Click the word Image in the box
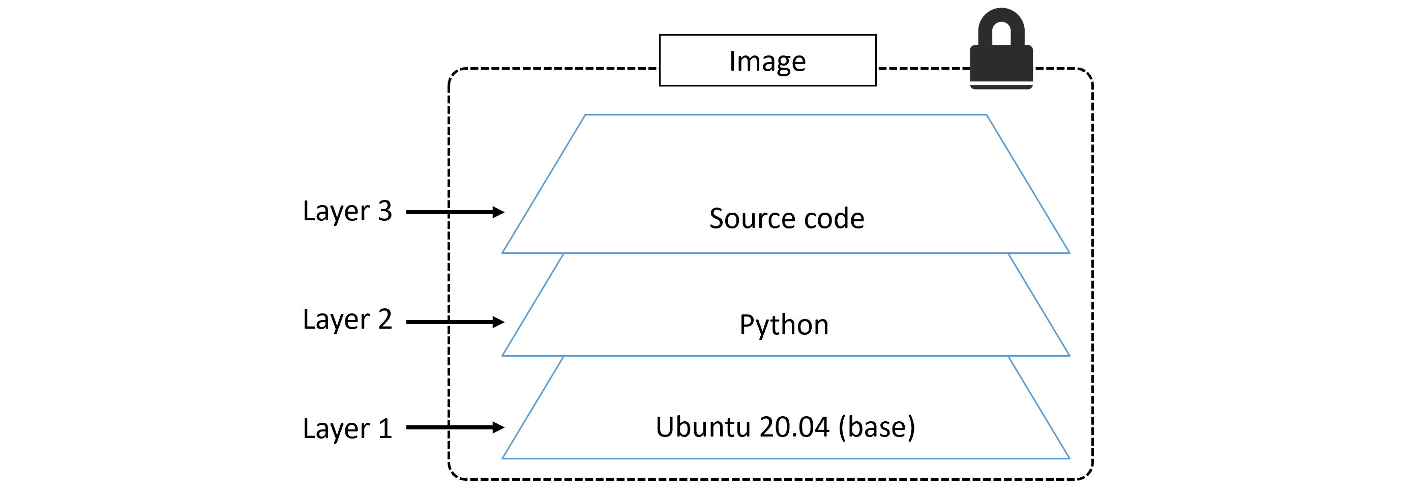767,62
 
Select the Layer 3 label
347,211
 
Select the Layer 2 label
347,320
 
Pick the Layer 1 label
347,429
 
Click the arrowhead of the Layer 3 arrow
498,212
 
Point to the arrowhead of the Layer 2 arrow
498,322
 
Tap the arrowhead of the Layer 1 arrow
498,427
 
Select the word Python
784,325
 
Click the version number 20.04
794,427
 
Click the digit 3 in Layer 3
385,211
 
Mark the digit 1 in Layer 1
385,429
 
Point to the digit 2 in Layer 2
385,320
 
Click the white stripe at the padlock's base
1001,82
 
